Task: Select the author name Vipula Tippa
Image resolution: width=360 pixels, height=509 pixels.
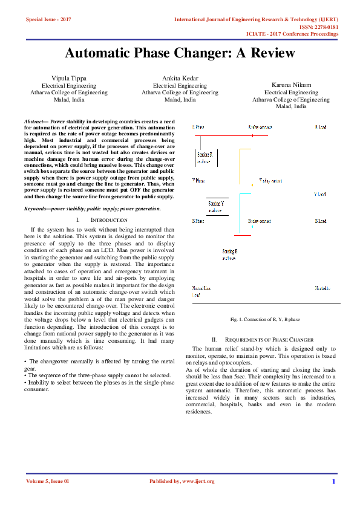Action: click(69, 79)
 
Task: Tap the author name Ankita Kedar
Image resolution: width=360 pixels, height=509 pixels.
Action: click(180, 79)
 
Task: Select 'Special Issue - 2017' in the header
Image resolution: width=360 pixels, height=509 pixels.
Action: click(48, 20)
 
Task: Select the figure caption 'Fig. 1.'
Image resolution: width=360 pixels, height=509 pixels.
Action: click(237, 319)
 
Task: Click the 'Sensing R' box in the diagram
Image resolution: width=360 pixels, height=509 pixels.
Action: click(205, 158)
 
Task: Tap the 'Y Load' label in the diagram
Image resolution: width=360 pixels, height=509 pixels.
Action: click(319, 195)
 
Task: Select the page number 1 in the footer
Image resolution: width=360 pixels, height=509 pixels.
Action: click(333, 481)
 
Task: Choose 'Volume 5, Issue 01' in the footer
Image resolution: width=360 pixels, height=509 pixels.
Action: click(48, 481)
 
